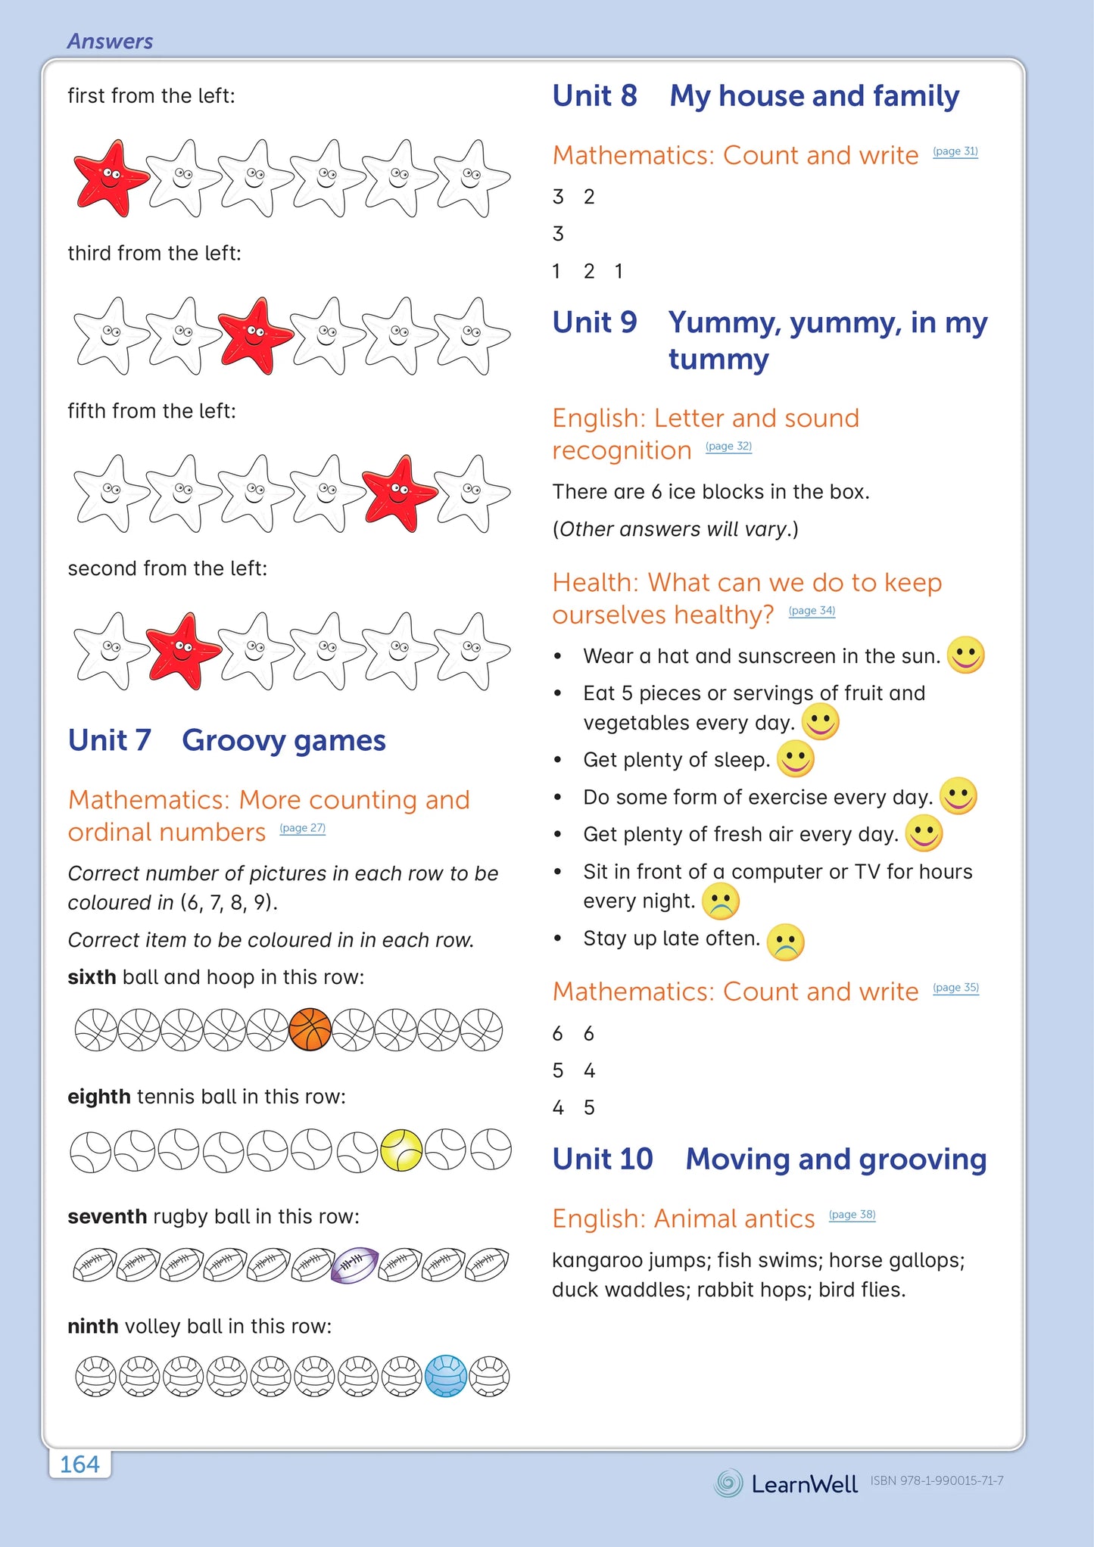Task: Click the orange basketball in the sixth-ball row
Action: click(x=310, y=1029)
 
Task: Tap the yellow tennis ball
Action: click(x=401, y=1150)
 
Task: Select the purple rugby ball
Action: click(x=354, y=1265)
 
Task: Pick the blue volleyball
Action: click(x=446, y=1375)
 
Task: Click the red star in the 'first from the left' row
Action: click(x=110, y=179)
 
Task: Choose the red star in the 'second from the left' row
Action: click(x=182, y=651)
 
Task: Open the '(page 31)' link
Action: click(x=955, y=151)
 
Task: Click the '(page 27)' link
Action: click(x=302, y=828)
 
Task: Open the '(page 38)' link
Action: click(x=852, y=1215)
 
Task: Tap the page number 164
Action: click(x=79, y=1465)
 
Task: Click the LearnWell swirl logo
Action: click(x=728, y=1483)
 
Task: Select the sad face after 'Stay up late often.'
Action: click(x=785, y=942)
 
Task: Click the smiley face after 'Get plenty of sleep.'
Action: click(x=795, y=759)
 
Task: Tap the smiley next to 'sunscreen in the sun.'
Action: click(x=966, y=655)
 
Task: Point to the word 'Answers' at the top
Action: click(x=111, y=42)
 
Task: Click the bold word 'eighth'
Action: click(x=99, y=1097)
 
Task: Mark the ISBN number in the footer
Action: click(x=937, y=1481)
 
